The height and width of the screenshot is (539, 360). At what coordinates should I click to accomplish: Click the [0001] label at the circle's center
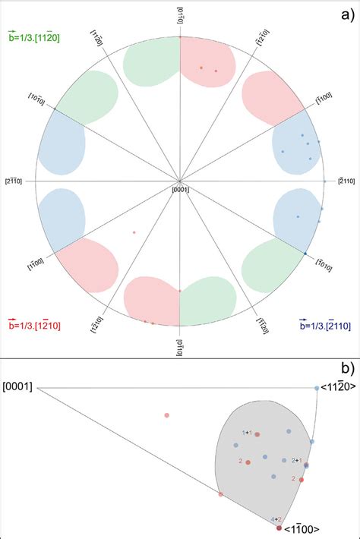click(x=180, y=189)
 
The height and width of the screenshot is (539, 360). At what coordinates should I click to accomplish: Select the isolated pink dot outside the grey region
click(x=166, y=414)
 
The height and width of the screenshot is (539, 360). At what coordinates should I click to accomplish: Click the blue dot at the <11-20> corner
click(x=317, y=389)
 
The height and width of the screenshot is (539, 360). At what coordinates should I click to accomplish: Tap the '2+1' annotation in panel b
click(x=297, y=461)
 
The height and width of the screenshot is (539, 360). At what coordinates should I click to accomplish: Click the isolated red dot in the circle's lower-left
click(x=134, y=232)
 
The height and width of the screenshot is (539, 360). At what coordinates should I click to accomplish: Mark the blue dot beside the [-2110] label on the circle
click(x=324, y=181)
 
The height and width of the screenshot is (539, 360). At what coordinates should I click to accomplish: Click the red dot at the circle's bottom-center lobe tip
click(x=179, y=291)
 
